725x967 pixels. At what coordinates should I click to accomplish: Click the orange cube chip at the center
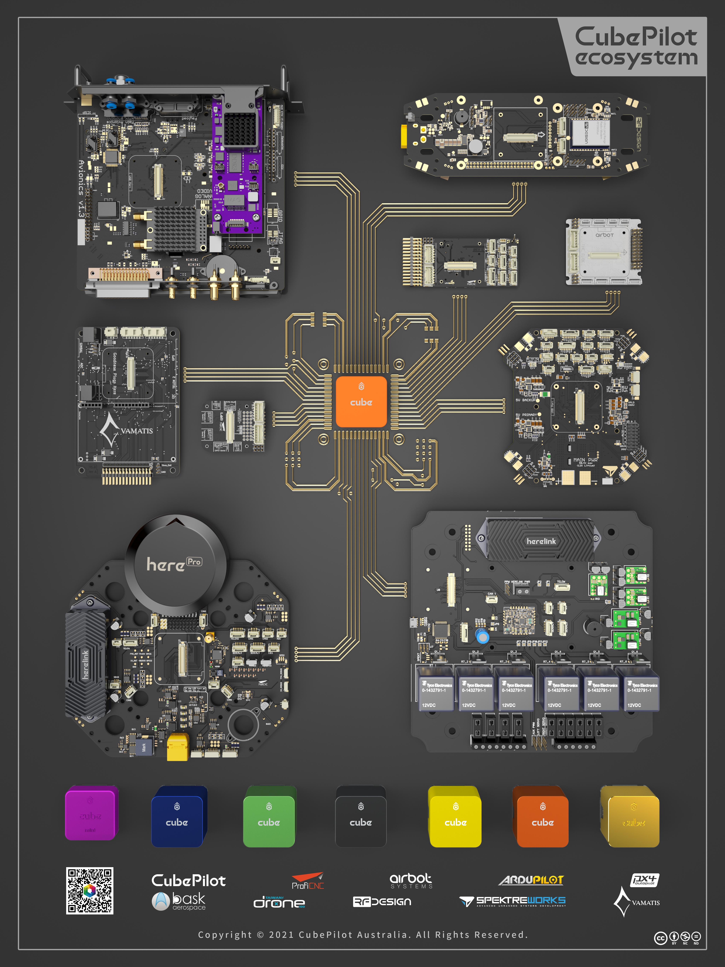(361, 401)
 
